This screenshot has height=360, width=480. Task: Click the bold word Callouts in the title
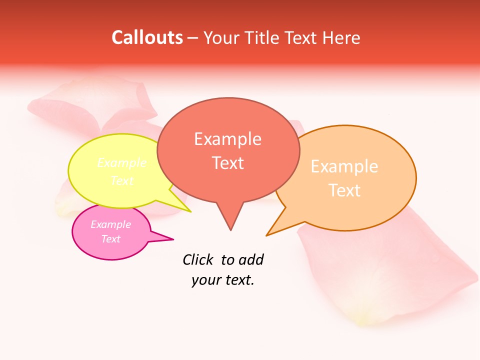click(147, 37)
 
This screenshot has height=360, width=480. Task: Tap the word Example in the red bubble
click(227, 139)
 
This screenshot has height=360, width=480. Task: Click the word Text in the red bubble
click(227, 163)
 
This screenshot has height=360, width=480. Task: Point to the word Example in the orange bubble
click(344, 166)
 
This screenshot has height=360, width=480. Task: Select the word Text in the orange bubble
click(344, 190)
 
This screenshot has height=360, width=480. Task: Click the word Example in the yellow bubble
click(122, 163)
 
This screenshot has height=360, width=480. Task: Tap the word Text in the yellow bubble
click(122, 180)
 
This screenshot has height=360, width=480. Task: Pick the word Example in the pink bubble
click(110, 224)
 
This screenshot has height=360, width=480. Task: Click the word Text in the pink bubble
click(110, 239)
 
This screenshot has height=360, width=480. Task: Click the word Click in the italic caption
click(198, 259)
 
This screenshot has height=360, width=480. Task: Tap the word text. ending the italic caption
click(238, 280)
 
